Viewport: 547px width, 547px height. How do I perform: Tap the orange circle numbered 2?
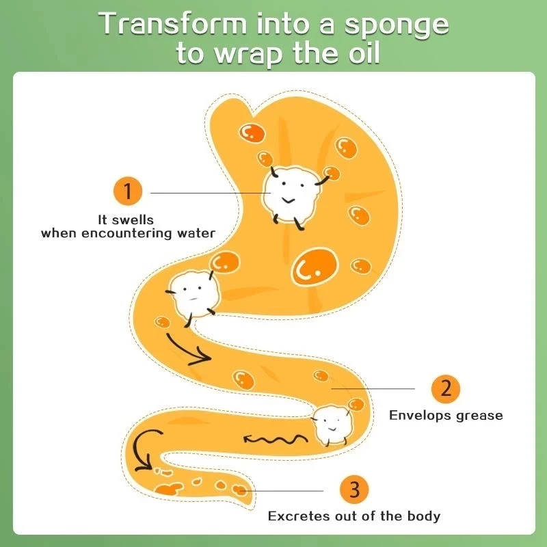446,388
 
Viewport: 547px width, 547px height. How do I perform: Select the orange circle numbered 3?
353,490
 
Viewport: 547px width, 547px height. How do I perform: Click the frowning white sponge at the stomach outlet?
193,293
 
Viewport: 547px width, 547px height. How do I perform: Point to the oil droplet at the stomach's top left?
252,132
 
